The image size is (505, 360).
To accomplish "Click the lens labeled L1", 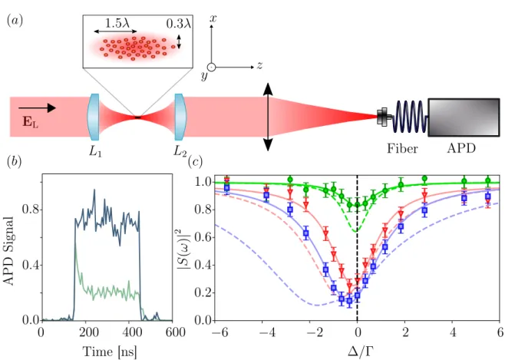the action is (x=93, y=117).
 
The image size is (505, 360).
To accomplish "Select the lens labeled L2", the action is (x=180, y=117).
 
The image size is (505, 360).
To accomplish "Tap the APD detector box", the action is (x=464, y=117).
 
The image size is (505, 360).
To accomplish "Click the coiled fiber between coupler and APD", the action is (x=410, y=117).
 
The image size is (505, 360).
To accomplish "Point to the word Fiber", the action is (x=402, y=148).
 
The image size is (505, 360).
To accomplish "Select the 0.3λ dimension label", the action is (x=179, y=24).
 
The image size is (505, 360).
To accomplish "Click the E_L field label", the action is (x=30, y=122).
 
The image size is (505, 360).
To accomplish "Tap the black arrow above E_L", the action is (x=37, y=108).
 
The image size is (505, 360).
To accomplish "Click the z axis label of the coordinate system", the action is (x=259, y=66).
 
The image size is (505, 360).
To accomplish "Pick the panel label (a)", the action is (x=15, y=21).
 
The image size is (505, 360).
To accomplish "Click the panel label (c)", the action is (x=195, y=162).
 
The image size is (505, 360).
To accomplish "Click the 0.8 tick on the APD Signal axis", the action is (x=30, y=210).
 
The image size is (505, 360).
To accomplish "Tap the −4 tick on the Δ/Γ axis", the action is (x=262, y=332).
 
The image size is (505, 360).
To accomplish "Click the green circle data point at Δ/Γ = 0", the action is (x=357, y=205).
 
